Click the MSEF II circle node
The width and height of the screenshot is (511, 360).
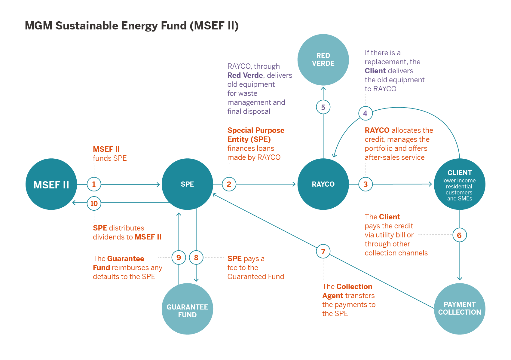click(51, 184)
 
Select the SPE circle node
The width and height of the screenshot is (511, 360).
click(187, 184)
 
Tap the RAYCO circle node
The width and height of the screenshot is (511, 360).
click(323, 184)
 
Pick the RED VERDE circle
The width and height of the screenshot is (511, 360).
click(323, 59)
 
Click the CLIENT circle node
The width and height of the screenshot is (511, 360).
click(460, 184)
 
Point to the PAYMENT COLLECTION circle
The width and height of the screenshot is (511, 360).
click(460, 309)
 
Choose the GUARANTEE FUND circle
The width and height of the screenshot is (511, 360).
click(187, 309)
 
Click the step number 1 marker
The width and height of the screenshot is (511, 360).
click(94, 184)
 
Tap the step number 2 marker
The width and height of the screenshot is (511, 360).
click(229, 184)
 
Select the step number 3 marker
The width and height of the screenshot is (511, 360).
click(366, 184)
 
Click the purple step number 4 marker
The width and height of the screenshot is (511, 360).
click(365, 113)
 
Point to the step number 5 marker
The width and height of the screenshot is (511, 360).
click(323, 107)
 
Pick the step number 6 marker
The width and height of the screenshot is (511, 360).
click(459, 235)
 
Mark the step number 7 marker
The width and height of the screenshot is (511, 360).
click(323, 251)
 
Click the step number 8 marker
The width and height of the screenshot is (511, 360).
click(196, 258)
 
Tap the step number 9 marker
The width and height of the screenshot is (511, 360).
click(179, 258)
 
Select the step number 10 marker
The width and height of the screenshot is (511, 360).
click(94, 203)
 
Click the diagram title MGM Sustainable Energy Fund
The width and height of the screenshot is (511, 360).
click(132, 26)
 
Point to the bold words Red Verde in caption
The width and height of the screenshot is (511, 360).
click(245, 75)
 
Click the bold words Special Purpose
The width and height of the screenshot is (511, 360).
click(256, 130)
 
